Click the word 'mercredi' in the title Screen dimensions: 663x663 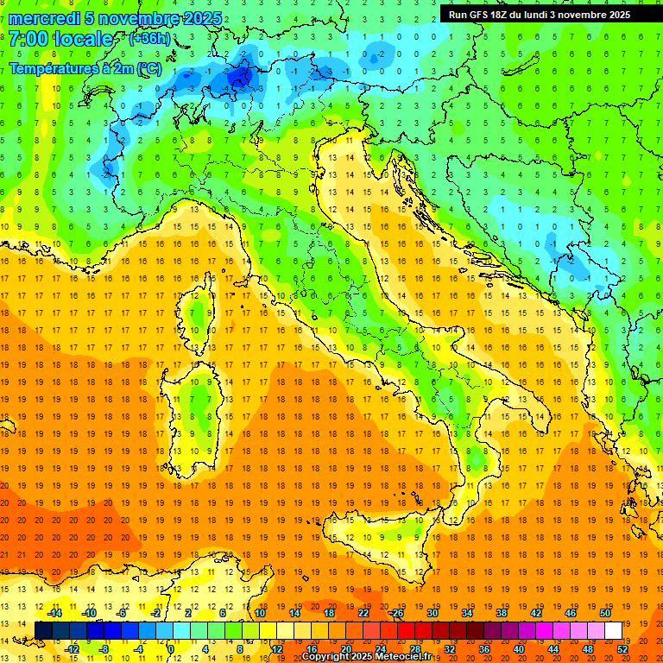tap(44, 18)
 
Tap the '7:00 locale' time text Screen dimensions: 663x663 tap(60, 39)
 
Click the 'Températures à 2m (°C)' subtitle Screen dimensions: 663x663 tap(84, 67)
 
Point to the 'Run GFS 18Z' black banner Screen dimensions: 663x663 tap(539, 14)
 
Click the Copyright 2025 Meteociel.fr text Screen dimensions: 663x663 tap(366, 657)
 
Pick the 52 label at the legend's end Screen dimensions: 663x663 tap(622, 648)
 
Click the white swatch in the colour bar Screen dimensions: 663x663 tap(613, 630)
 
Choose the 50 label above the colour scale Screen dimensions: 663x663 tap(604, 612)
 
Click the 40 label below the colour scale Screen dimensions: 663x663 tap(518, 648)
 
